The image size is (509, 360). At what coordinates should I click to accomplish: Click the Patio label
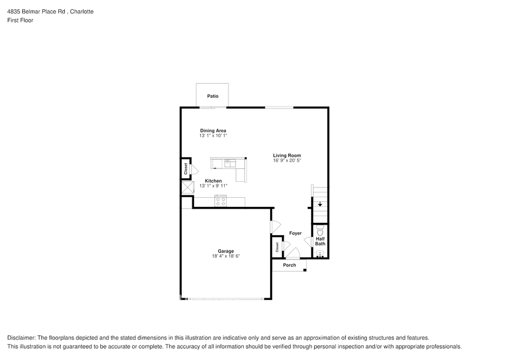pos(213,96)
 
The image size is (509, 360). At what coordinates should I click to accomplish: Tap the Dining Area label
pos(213,130)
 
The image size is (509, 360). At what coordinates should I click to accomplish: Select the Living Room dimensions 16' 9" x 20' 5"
pos(287,160)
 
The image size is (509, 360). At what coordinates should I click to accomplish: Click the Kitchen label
pos(213,181)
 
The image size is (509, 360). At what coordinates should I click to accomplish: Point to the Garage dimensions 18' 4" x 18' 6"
pos(225,257)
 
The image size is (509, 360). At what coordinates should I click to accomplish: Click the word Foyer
pos(295,233)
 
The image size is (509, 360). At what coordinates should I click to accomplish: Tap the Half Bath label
pos(320,241)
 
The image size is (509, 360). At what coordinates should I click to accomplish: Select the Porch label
pos(290,265)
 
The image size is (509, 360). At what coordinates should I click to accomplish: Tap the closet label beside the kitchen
pos(186,169)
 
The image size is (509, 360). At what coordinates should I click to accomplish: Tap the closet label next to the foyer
pos(277,247)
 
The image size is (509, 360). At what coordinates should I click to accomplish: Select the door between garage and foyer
pos(274,227)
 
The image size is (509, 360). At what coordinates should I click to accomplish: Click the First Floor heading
pos(21,20)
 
